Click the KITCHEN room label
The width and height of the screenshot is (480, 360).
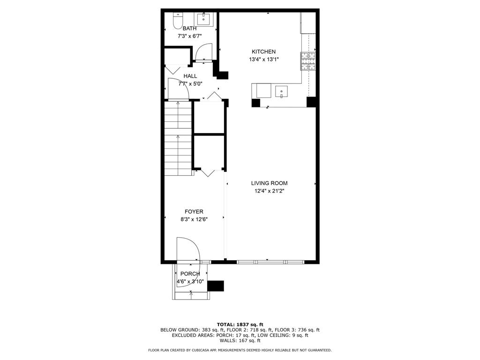point(263,52)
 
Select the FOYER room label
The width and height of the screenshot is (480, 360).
point(194,212)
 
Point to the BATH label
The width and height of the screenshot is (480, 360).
point(190,29)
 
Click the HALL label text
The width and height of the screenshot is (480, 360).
point(190,76)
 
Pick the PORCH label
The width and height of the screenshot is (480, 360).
point(190,274)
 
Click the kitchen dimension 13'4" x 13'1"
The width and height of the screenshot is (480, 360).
point(263,60)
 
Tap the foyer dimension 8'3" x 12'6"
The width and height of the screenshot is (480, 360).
point(194,219)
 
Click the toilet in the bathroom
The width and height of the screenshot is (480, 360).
point(178,20)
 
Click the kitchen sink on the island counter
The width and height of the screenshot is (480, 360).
point(282,90)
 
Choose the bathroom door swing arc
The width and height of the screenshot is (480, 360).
point(203,52)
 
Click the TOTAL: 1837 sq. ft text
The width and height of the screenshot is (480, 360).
point(240,324)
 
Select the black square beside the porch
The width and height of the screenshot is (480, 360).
point(216,285)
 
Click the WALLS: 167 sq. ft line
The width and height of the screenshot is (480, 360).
point(240,341)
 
